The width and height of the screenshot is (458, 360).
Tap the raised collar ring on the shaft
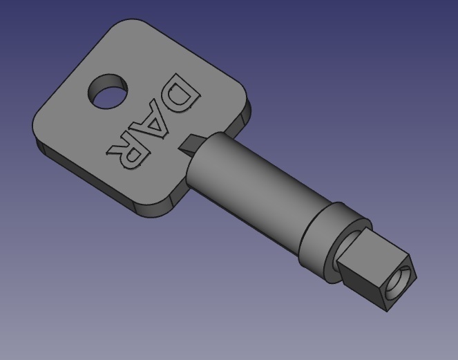pos(325,231)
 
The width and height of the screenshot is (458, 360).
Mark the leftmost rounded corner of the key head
pos(38,128)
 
